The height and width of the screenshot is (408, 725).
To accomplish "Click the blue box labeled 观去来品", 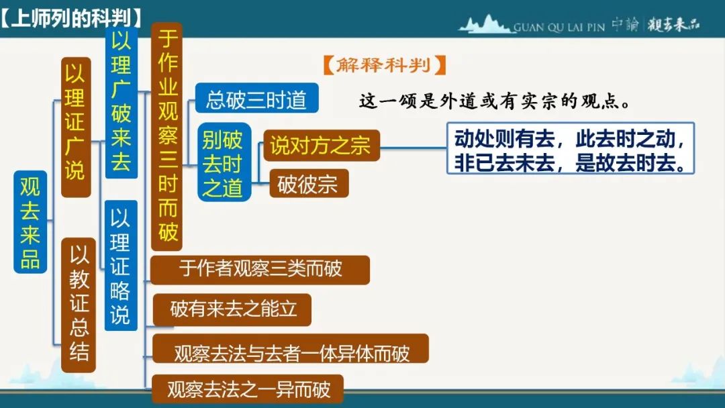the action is [x=30, y=222].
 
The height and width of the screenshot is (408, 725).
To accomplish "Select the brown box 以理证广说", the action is [x=76, y=127].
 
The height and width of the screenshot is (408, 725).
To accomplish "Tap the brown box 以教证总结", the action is [x=79, y=305].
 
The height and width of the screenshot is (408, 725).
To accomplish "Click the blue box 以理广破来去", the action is [x=121, y=103].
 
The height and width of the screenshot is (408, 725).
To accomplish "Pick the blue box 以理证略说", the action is [x=121, y=265].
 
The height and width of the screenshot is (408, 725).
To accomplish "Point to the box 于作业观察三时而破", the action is [x=167, y=136].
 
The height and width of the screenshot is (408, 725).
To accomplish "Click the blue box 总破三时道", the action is [x=256, y=98].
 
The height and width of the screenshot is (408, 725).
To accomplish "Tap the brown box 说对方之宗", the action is [x=322, y=145].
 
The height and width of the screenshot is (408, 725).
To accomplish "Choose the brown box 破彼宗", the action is [x=309, y=183].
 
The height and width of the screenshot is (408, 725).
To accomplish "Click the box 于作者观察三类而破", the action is [x=260, y=270].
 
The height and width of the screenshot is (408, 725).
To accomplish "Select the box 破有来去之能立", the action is [x=232, y=309].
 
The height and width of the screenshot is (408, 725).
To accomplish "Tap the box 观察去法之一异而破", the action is [x=248, y=389].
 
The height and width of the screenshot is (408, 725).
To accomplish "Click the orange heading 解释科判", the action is [x=384, y=65].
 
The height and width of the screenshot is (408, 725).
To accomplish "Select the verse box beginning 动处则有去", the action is [x=571, y=148].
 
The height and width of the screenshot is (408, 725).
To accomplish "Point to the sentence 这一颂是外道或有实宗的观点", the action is [x=495, y=101].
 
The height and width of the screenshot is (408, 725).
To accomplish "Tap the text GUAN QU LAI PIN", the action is [x=559, y=28].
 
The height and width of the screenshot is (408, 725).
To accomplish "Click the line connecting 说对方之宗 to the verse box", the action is [x=414, y=148].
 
